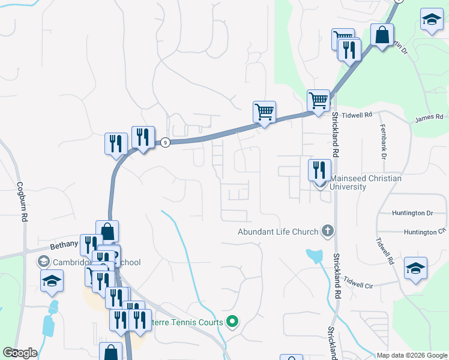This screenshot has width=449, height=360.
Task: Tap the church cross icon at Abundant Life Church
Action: pyautogui.click(x=327, y=231)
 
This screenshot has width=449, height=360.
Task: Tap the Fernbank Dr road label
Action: pyautogui.click(x=382, y=142)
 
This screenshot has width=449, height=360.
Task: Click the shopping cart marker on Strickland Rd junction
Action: pyautogui.click(x=318, y=100)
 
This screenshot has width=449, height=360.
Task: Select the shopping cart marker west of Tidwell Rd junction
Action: pyautogui.click(x=264, y=112)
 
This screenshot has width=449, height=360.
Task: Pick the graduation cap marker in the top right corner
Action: pyautogui.click(x=432, y=20)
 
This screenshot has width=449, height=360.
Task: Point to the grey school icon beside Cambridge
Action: pyautogui.click(x=43, y=262)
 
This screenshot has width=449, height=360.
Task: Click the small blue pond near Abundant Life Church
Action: pyautogui.click(x=313, y=256)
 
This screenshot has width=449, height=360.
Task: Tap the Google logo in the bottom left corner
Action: pyautogui.click(x=20, y=353)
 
